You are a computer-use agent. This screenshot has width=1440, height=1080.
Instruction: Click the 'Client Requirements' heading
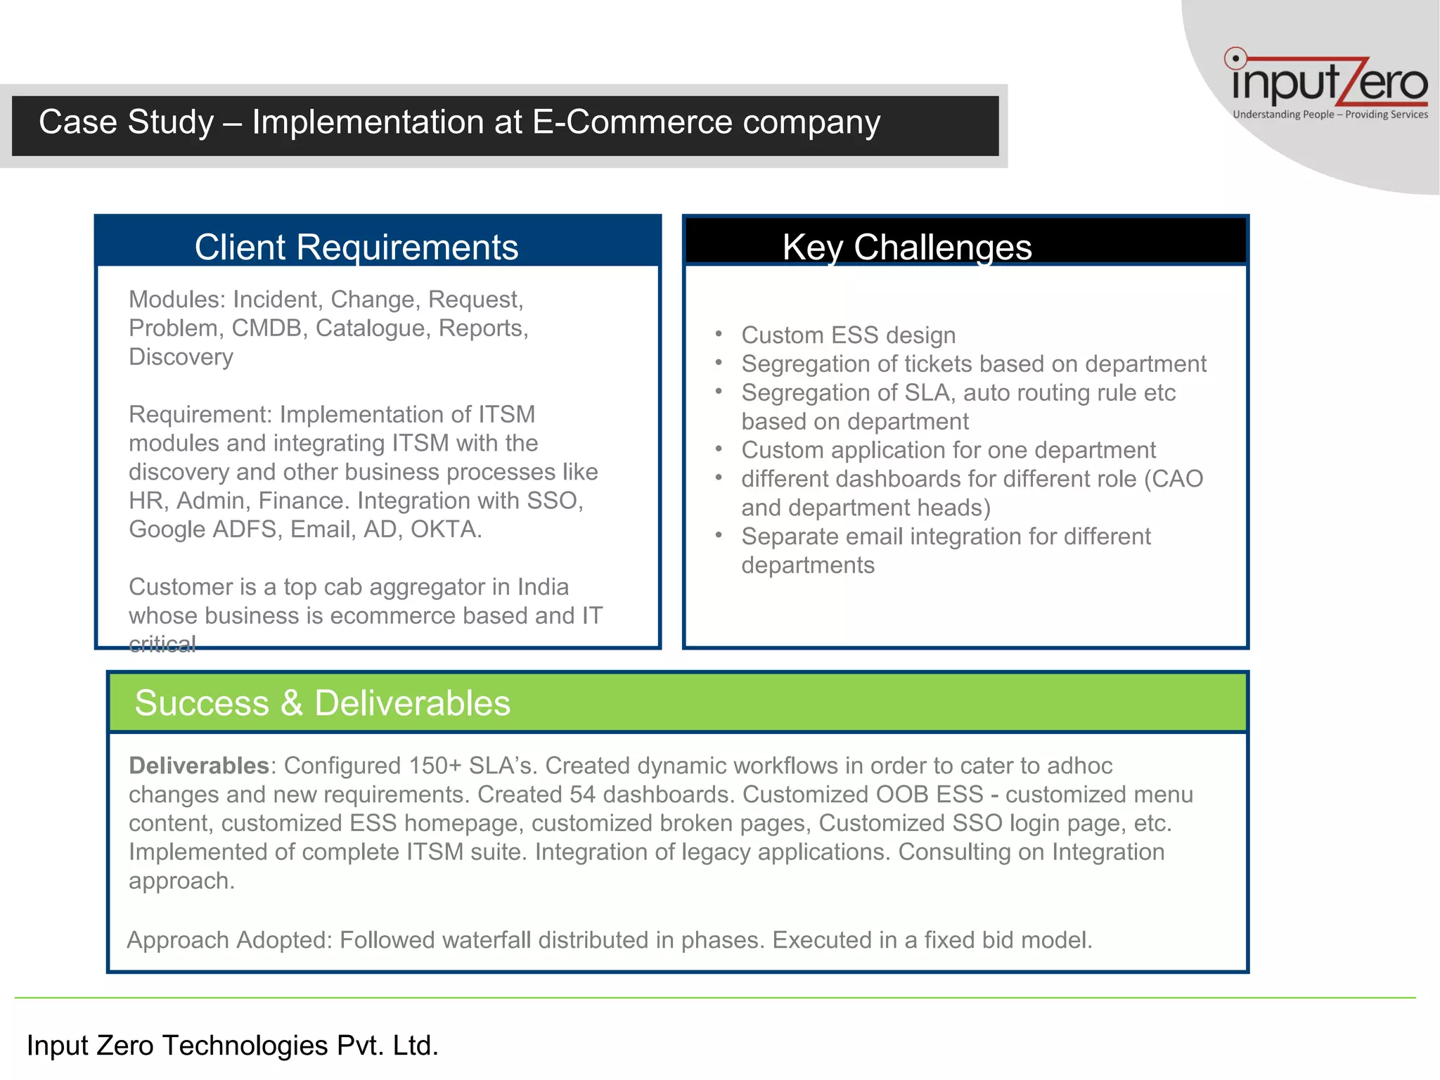tap(356, 247)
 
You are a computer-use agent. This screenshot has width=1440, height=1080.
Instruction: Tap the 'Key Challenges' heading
tap(906, 247)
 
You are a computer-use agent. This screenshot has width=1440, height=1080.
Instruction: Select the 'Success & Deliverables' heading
tap(322, 702)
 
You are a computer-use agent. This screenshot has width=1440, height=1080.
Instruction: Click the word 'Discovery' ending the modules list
tap(181, 357)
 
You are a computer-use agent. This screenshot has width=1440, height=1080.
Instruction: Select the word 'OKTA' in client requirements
tap(446, 529)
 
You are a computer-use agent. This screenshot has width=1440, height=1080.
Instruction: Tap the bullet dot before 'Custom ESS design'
tap(719, 335)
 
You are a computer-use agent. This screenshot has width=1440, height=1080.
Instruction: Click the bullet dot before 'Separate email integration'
tap(719, 536)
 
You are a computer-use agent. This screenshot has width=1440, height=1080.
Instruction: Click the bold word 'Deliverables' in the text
tap(199, 766)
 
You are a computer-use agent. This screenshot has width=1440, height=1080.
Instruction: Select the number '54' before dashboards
tap(582, 795)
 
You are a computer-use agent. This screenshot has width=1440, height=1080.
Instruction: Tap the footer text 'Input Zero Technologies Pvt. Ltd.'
tap(232, 1046)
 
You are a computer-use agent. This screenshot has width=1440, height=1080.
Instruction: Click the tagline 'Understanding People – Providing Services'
tap(1330, 115)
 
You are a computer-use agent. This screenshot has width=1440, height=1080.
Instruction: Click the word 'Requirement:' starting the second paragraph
tap(200, 415)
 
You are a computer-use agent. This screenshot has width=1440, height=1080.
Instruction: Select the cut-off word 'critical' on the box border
tap(162, 644)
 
